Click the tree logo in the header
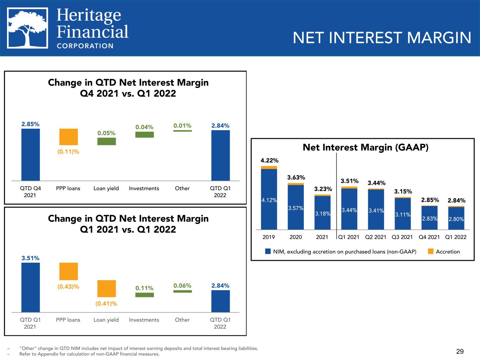[27, 28]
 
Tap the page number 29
[460, 351]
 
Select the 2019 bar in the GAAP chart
[269, 198]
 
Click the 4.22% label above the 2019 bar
[269, 160]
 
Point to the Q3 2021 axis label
[402, 237]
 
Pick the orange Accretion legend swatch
[430, 251]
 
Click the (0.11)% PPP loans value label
[68, 152]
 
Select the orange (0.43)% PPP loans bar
[69, 271]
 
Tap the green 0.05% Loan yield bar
[107, 141]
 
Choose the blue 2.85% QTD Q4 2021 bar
[31, 155]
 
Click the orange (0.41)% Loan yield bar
[107, 289]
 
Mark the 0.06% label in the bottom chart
[183, 285]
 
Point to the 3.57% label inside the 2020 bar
[296, 208]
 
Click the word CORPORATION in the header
[85, 46]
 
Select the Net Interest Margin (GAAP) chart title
[365, 147]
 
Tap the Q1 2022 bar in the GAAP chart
[456, 218]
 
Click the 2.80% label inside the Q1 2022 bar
[456, 219]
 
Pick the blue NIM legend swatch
[268, 251]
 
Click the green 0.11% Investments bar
[145, 295]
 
